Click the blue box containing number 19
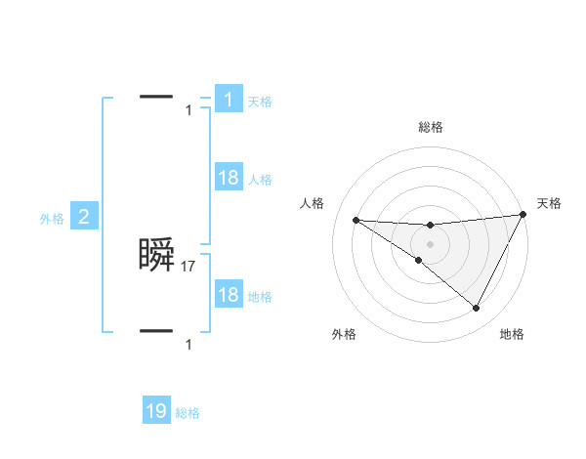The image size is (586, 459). tap(156, 411)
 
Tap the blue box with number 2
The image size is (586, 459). tap(83, 217)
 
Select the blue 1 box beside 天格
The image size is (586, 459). tap(229, 99)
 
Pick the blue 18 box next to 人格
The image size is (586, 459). tap(229, 178)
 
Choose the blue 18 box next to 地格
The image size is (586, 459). tap(229, 295)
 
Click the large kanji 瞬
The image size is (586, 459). tap(157, 256)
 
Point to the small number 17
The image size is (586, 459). tap(189, 266)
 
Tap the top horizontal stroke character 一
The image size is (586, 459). tap(157, 96)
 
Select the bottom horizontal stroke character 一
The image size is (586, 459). tap(157, 331)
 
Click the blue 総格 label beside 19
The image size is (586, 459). tap(188, 414)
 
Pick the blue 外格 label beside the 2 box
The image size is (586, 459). tap(52, 219)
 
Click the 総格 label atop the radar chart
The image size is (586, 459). tap(430, 127)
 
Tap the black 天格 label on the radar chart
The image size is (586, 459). tap(550, 203)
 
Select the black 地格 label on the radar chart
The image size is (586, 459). tap(512, 335)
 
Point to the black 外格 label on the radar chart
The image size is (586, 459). tap(344, 335)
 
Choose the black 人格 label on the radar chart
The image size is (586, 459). tap(312, 203)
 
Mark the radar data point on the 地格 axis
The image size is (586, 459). tap(477, 309)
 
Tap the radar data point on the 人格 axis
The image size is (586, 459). tap(356, 220)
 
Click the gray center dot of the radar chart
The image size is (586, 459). tap(430, 243)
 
